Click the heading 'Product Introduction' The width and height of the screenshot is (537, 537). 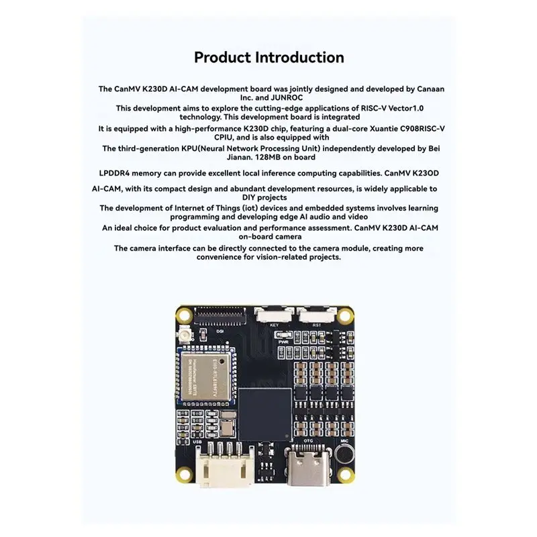click(268, 58)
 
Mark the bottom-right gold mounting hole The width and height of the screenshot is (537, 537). click(346, 478)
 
